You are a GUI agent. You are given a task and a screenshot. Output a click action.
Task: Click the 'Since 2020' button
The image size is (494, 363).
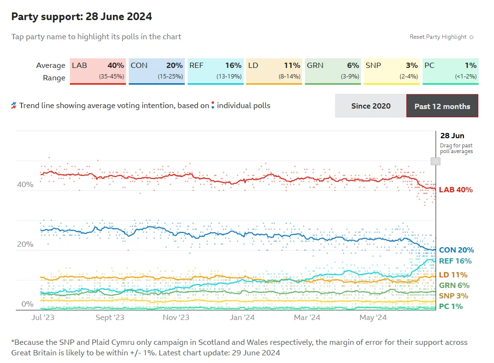tap(371, 106)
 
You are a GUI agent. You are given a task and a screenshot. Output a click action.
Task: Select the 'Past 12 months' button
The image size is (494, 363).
tap(442, 106)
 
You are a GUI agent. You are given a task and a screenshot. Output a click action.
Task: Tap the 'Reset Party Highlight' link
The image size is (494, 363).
tap(441, 37)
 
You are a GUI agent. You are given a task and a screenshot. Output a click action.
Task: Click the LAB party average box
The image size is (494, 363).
tap(98, 71)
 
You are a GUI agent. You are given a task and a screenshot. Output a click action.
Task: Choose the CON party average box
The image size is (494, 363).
tap(157, 71)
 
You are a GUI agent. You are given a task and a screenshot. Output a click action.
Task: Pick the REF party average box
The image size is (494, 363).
tap(215, 71)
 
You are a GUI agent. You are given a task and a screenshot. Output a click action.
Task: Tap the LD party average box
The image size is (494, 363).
tap(274, 71)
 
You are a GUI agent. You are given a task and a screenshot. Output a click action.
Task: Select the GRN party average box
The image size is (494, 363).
tap(333, 71)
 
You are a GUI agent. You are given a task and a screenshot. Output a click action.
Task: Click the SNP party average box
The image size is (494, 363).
tap(392, 71)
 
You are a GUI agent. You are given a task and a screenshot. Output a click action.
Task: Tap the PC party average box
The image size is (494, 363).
tap(450, 71)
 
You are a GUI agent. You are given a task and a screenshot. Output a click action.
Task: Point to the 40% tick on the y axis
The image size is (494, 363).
tap(25, 185)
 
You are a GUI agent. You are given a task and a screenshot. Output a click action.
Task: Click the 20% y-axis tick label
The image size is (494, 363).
tap(25, 244)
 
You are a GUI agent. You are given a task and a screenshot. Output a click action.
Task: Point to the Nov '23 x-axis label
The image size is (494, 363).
tap(176, 318)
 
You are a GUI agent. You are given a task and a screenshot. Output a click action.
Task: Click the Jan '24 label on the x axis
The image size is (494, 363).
tap(242, 318)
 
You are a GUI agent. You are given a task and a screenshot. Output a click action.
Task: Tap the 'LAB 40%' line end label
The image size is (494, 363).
tap(456, 190)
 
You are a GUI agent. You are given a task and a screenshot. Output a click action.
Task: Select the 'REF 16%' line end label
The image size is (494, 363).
tap(455, 261)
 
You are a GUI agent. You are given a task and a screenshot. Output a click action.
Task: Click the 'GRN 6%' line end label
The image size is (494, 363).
tap(454, 285)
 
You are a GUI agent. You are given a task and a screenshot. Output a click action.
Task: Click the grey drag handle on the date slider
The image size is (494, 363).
tap(436, 161)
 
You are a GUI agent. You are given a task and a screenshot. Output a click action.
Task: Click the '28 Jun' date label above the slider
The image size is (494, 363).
tap(452, 136)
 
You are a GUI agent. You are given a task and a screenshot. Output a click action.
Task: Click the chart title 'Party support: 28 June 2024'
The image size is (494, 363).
tap(81, 16)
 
